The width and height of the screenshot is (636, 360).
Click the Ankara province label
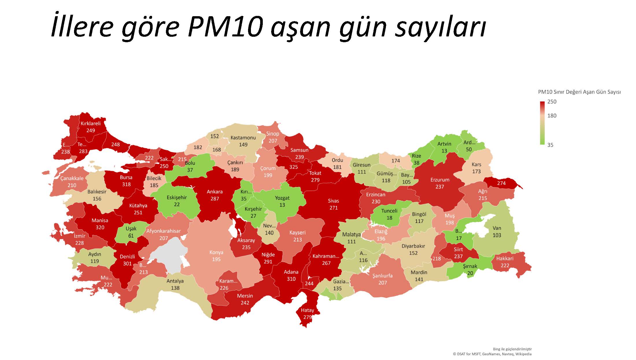(x=215, y=192)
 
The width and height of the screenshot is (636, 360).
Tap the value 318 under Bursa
(x=126, y=184)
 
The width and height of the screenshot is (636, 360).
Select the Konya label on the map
(x=216, y=252)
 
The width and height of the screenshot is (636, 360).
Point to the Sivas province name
(x=333, y=201)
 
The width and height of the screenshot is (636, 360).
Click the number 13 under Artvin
(x=444, y=151)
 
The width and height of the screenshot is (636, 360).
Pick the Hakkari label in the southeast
(x=505, y=259)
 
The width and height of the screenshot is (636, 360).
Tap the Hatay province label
(x=307, y=310)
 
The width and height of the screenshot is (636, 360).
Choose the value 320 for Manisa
(x=100, y=228)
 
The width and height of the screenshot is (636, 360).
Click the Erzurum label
(x=440, y=180)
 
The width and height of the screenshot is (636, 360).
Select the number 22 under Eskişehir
(x=177, y=205)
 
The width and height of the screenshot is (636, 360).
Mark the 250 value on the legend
(x=552, y=102)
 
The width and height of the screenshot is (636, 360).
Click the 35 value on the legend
(x=550, y=145)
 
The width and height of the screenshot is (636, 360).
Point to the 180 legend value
(x=552, y=116)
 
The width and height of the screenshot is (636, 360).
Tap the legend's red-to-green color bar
(x=542, y=123)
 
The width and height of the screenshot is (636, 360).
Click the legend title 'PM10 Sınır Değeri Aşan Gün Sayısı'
(x=579, y=92)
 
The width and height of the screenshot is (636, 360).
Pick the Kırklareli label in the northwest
(x=90, y=123)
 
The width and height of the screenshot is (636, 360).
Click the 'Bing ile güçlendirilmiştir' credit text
(x=512, y=349)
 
